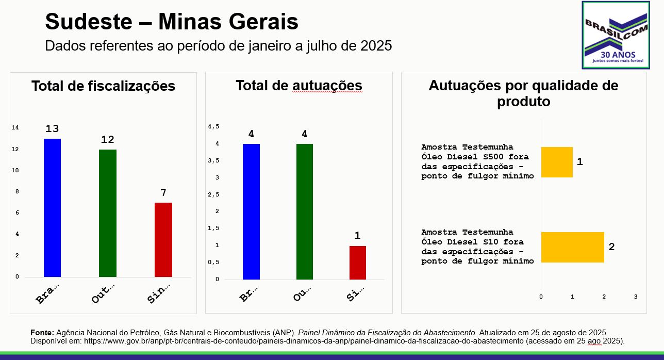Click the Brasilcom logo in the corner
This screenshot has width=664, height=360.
616,35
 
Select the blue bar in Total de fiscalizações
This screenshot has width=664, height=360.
52,207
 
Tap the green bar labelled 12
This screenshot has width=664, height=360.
108,212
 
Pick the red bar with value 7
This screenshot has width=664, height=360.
163,239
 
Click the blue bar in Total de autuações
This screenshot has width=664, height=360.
251,211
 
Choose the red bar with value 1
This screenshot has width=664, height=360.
357,263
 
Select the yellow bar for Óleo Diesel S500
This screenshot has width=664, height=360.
557,162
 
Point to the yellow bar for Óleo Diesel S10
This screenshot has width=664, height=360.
572,247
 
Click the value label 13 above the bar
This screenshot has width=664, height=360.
52,129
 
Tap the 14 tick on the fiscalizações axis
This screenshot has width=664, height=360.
15,127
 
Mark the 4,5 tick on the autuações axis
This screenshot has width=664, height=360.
213,127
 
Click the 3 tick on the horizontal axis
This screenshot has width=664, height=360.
635,297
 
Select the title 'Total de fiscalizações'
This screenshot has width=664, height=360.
103,86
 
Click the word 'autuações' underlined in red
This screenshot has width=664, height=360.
327,86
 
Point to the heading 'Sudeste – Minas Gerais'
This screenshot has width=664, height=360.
172,22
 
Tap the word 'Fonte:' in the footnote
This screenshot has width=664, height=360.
42,333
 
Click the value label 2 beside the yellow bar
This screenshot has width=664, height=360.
611,247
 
